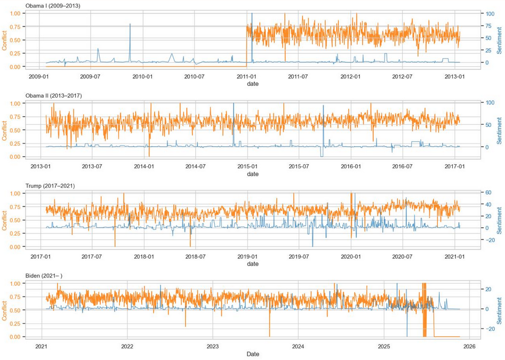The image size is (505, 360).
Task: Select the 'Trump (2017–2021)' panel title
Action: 50,186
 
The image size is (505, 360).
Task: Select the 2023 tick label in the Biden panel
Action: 213,346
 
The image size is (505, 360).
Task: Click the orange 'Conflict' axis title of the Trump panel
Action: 5,220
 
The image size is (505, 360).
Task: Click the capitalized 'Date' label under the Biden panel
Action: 253,354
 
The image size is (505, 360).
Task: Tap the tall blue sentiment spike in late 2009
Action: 130,25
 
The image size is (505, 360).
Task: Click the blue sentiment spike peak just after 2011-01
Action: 252,13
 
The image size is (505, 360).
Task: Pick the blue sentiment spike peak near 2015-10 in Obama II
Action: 323,106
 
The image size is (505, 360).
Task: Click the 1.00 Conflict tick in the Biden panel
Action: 16,284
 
